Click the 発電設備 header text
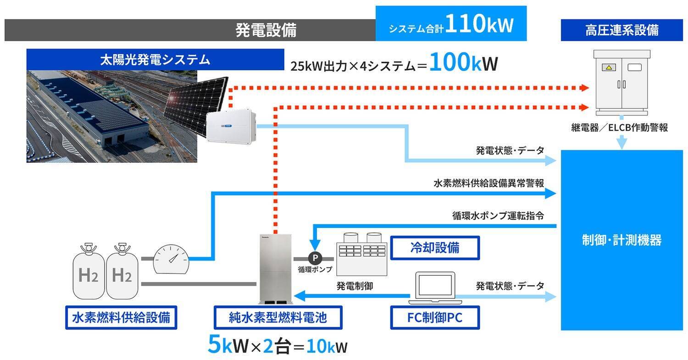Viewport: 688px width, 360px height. [266, 30]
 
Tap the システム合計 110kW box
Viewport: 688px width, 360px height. [450, 24]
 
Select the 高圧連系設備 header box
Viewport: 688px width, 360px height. [621, 30]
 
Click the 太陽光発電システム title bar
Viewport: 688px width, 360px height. [155, 60]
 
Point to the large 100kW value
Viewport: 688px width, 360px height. [463, 65]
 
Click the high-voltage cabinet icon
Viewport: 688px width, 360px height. [621, 83]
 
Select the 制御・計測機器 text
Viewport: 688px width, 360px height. [621, 240]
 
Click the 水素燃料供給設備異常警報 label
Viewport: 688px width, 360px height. [488, 183]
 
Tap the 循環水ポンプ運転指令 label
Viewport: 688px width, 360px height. [498, 215]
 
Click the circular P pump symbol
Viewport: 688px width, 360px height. [315, 258]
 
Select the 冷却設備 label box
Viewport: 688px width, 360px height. [434, 248]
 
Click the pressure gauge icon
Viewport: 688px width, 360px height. [170, 259]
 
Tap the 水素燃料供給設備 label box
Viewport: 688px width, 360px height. [121, 317]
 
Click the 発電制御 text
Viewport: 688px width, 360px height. [355, 286]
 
